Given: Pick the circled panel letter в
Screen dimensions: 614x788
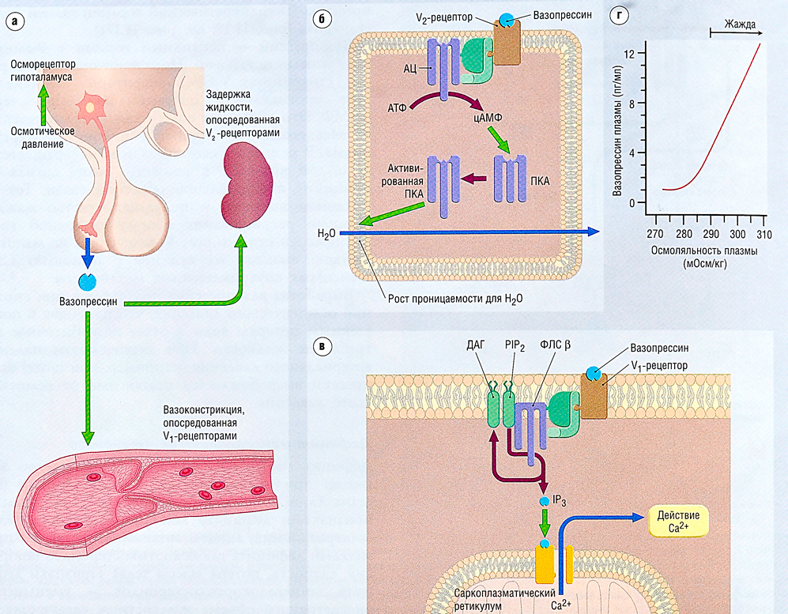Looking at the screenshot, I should point(321,346).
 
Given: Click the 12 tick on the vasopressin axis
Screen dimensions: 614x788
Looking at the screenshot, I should point(630,55).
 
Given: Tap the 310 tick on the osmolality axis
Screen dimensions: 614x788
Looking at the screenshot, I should point(763,235).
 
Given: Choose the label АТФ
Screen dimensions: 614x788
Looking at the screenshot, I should point(397,107).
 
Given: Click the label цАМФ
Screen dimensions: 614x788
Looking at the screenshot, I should point(488,118).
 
